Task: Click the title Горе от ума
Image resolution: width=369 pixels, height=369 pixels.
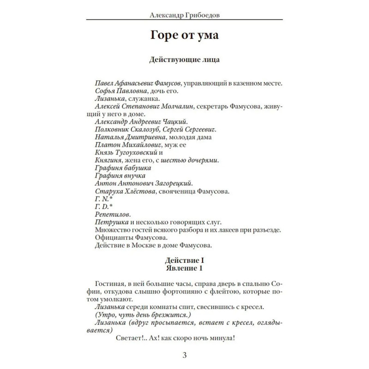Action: tap(184, 36)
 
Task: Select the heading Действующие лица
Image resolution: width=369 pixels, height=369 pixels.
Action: tap(184, 60)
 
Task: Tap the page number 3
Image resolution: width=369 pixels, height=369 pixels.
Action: tap(184, 355)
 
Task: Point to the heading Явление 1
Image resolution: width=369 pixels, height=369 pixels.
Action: tap(184, 268)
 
